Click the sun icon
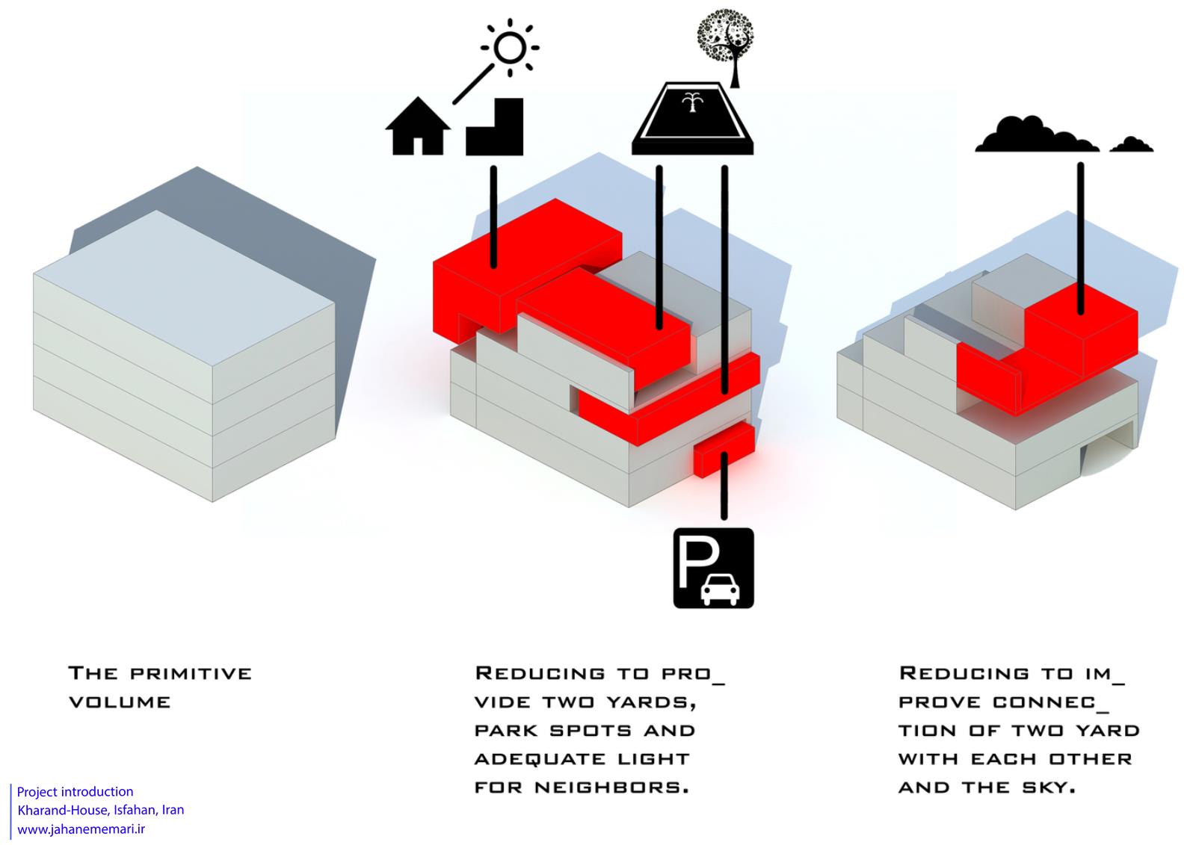pos(510,48)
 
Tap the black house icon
pos(418,126)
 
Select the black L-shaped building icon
pos(494,127)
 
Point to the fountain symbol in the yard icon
pos(692,102)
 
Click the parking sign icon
pos(714,568)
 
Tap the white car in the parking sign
pos(721,589)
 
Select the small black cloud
pos(1132,145)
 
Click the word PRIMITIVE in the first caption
pos(191,673)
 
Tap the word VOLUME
pos(120,702)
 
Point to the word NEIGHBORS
pos(612,787)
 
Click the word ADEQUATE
pos(540,759)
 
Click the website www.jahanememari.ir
pos(81,829)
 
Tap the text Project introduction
pos(75,792)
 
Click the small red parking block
pos(724,450)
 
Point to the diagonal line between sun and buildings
pos(474,84)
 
